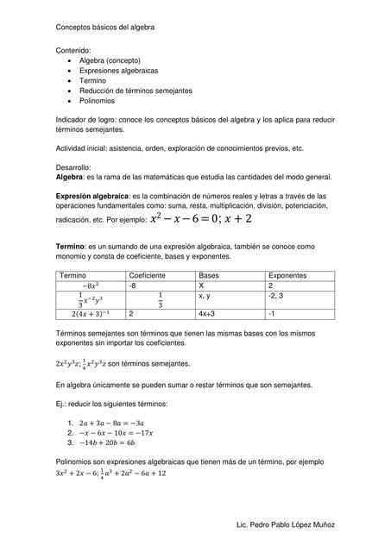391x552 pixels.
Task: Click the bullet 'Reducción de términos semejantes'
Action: click(x=136, y=91)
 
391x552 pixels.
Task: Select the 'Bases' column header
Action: click(x=210, y=273)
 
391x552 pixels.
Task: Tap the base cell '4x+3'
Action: click(x=208, y=315)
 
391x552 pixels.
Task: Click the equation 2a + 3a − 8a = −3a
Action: click(x=111, y=423)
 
